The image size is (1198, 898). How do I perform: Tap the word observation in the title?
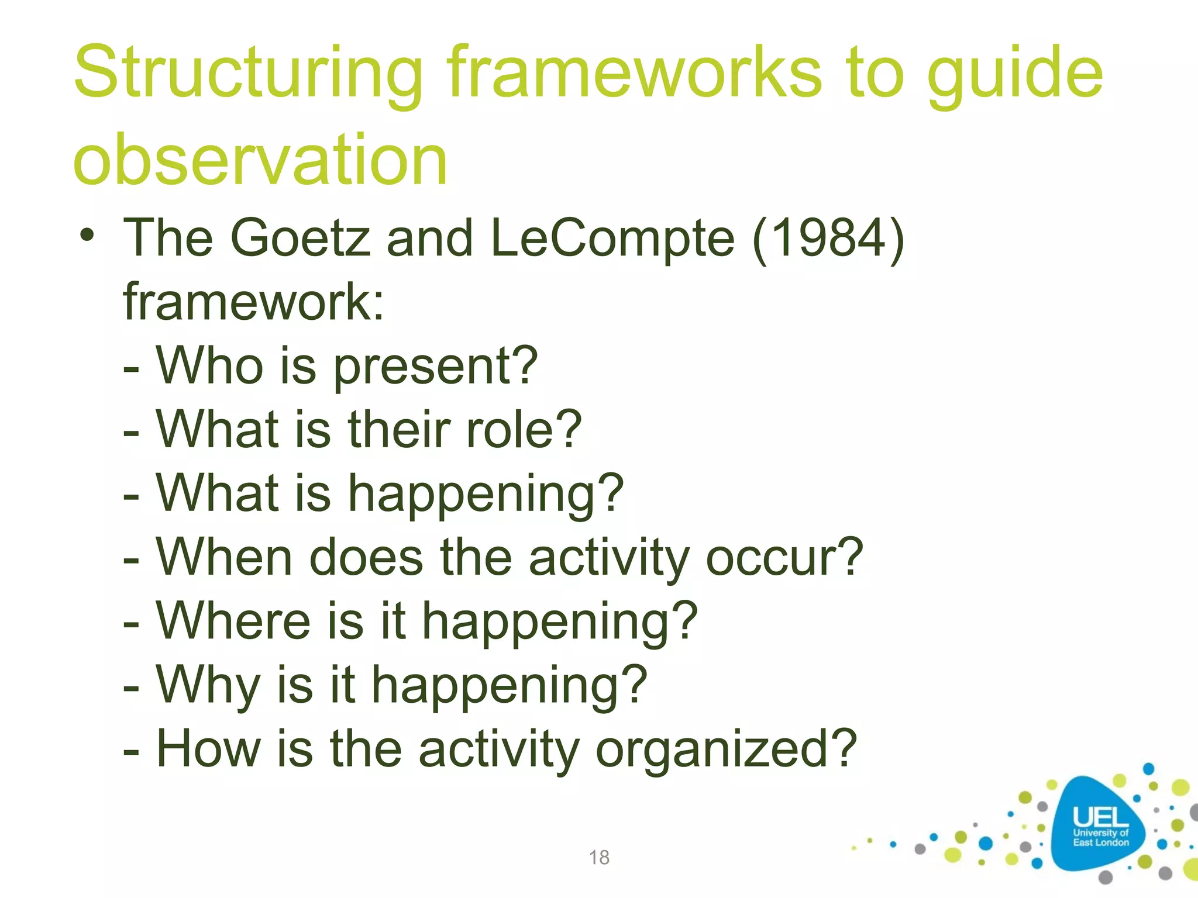pos(260,159)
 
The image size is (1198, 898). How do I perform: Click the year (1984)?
pos(828,238)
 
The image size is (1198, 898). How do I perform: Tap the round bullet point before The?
pos(87,236)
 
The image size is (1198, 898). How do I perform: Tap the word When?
pos(224,557)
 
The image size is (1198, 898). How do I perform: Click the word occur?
pos(784,557)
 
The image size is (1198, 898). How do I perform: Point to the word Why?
pos(208,685)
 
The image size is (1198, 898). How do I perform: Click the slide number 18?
pos(599,858)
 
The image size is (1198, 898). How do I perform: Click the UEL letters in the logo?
pos(1100,817)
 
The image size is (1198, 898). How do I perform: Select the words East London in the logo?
pos(1100,842)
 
